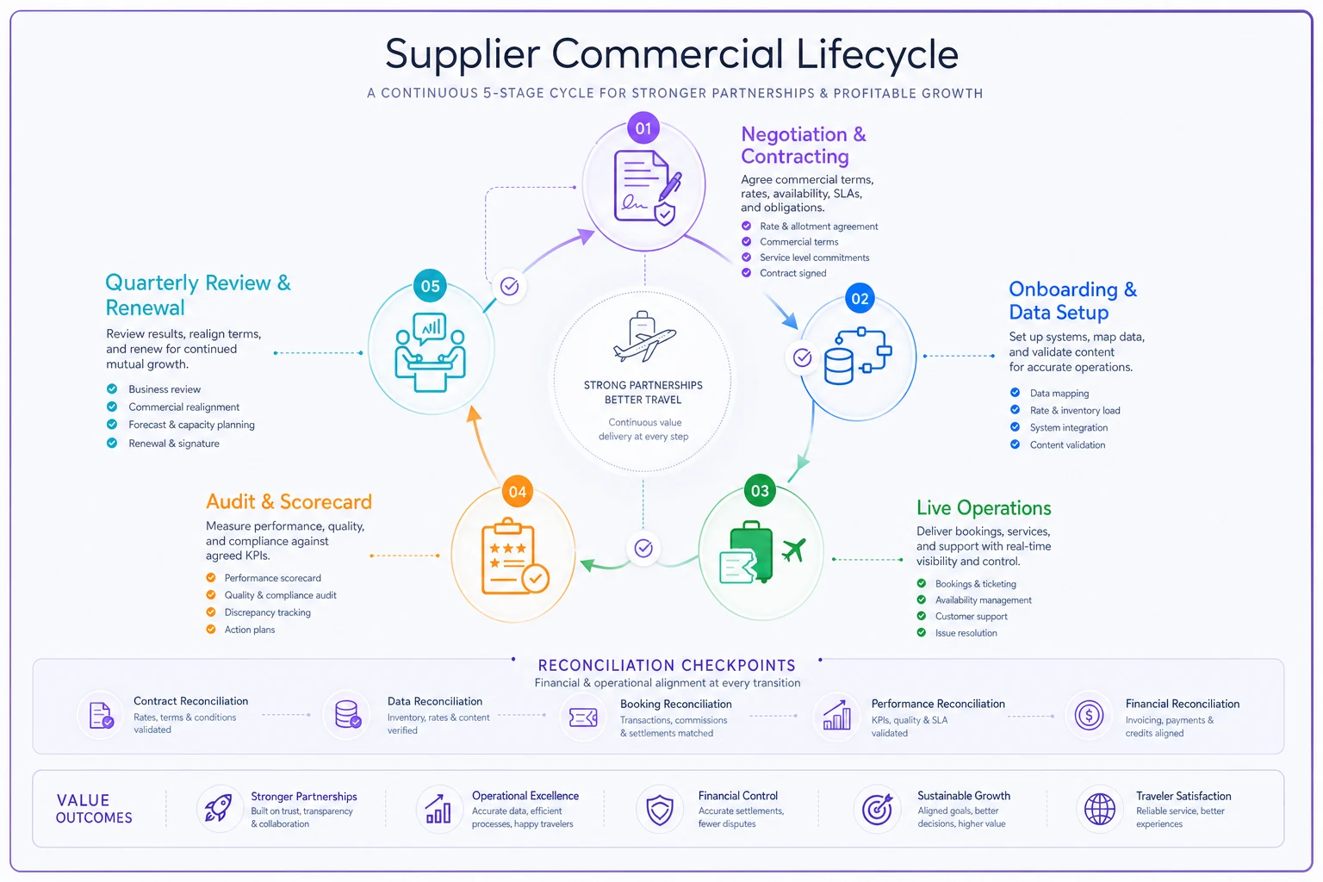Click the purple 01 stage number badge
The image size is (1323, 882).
[x=643, y=128]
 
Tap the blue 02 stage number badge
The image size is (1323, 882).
[x=860, y=298]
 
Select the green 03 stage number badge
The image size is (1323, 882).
[x=761, y=490]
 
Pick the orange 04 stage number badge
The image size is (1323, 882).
[x=518, y=492]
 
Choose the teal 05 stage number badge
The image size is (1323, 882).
[x=430, y=286]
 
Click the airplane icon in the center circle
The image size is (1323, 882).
[x=643, y=338]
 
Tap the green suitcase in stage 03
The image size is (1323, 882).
[x=751, y=551]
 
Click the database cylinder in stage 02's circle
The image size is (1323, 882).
[x=838, y=366]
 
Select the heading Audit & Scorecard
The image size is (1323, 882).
[x=289, y=501]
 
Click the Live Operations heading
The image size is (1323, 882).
[x=984, y=507]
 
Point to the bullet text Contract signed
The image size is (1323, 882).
[x=792, y=273]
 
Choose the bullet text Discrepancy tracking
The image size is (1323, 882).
[x=268, y=612]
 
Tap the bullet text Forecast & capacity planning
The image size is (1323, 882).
[x=191, y=425]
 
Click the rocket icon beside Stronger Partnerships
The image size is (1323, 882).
[x=218, y=808]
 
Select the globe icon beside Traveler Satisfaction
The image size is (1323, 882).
[x=1099, y=809]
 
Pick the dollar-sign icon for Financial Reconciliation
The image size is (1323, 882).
[x=1089, y=716]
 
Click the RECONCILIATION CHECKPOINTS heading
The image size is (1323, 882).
[x=667, y=665]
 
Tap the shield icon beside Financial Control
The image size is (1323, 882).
[x=659, y=810]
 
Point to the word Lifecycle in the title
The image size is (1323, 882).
[x=877, y=54]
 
